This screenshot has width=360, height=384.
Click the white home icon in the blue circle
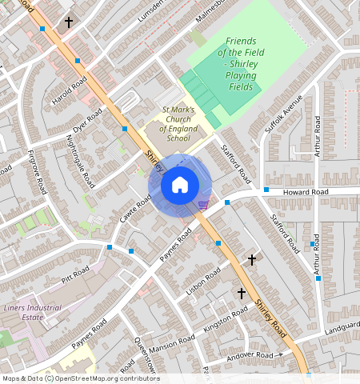(x=180, y=186)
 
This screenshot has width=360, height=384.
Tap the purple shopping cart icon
(x=203, y=205)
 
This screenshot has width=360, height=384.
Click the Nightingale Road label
(x=81, y=161)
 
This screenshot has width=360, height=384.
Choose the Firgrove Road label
(x=37, y=171)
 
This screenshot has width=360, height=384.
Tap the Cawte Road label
(x=135, y=209)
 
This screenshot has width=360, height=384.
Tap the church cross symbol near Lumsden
(x=69, y=22)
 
